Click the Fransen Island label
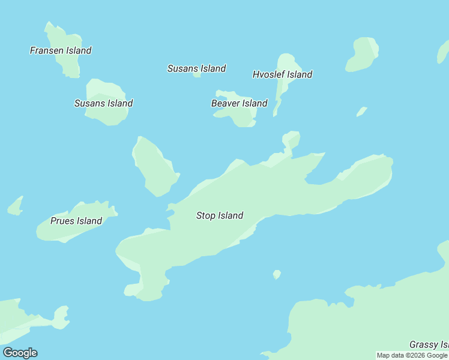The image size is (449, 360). [x=61, y=51]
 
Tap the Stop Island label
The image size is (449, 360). [x=220, y=215]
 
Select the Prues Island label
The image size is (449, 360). [x=76, y=221]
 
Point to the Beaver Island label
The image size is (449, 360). [x=239, y=103]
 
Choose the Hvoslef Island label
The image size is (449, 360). [x=282, y=75]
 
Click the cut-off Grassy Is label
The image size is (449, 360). [x=429, y=344]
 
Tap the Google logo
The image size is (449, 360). [x=20, y=353]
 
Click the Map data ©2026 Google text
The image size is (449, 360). [x=412, y=356]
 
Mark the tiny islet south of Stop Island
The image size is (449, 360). [x=277, y=274]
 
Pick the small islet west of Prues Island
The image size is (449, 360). [x=16, y=206]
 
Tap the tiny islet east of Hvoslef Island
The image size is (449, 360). [x=361, y=112]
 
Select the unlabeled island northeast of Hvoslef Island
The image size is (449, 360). [x=362, y=54]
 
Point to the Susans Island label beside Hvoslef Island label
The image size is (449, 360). [x=196, y=68]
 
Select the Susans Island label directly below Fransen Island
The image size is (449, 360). [x=103, y=103]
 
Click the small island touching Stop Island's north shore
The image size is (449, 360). [x=291, y=140]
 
